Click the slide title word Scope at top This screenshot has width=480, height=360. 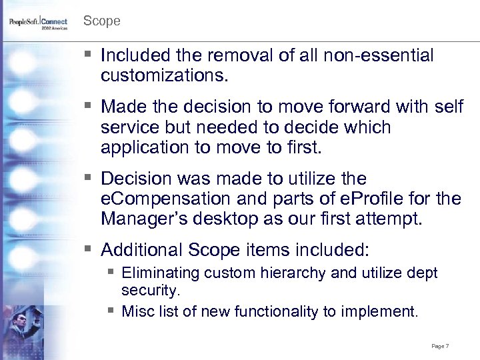point(101,21)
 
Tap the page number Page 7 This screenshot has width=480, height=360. point(440,346)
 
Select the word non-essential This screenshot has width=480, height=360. point(373,56)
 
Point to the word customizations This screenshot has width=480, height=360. point(165,76)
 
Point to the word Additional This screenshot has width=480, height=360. point(141,250)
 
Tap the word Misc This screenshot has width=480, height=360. point(137,311)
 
